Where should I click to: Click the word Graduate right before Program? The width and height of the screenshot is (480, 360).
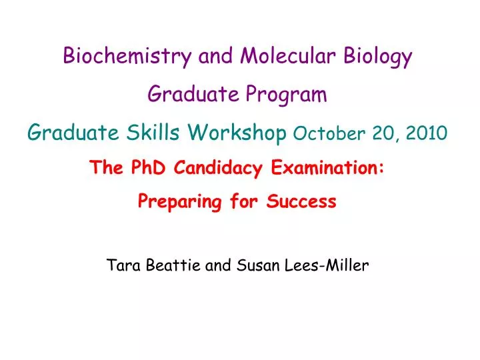click(190, 95)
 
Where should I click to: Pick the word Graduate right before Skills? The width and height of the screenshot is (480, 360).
click(73, 133)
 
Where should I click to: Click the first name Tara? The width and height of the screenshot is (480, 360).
click(121, 265)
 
